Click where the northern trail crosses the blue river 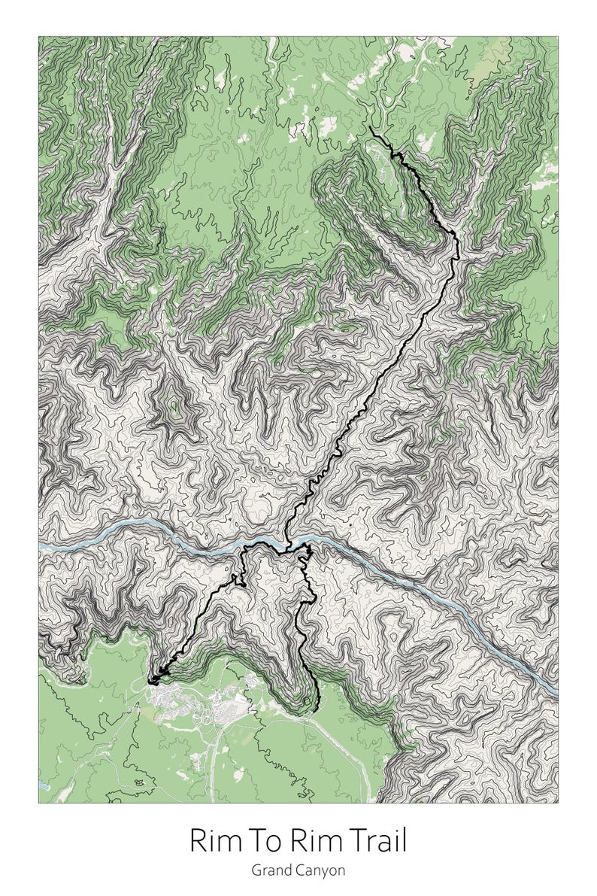coord(287,544)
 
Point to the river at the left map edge coord(41,543)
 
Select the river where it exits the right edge coord(556,691)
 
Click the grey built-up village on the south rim coord(188,703)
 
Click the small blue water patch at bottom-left coord(42,785)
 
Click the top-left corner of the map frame coord(39,37)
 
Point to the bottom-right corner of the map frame coord(558,803)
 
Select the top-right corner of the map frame coord(558,37)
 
